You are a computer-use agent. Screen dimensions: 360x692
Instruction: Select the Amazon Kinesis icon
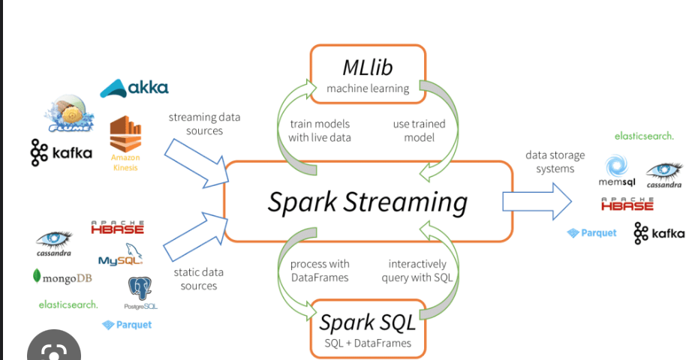click(x=125, y=142)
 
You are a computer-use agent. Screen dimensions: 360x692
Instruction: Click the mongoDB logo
click(x=62, y=277)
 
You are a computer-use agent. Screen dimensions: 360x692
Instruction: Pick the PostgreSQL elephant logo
click(x=140, y=292)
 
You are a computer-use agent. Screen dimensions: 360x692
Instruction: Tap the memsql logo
click(x=617, y=172)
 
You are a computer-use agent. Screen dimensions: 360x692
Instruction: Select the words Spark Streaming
click(x=368, y=202)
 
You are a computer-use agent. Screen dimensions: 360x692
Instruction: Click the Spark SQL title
click(x=368, y=322)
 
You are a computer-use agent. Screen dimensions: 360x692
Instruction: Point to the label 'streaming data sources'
click(x=204, y=124)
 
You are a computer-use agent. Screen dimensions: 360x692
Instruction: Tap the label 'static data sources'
click(x=199, y=278)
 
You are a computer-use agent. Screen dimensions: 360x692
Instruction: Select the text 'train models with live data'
click(x=319, y=130)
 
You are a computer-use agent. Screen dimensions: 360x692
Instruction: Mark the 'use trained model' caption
click(x=419, y=130)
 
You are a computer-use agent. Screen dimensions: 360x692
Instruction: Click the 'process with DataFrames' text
click(x=319, y=271)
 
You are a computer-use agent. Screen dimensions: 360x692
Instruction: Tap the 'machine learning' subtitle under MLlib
click(x=368, y=88)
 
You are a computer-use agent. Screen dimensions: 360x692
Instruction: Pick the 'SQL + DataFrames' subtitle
click(x=368, y=344)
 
